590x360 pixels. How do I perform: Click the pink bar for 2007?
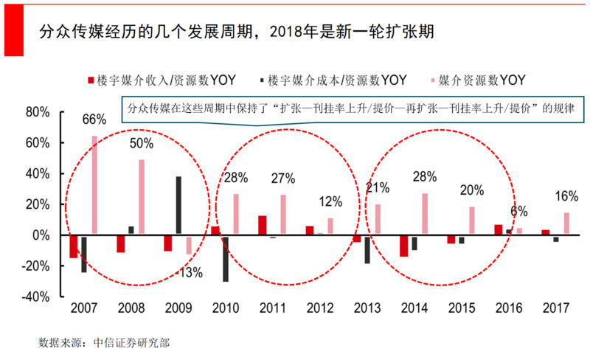94,185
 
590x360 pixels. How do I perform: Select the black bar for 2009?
178,206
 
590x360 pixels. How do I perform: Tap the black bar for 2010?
225,258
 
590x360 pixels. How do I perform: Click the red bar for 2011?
263,226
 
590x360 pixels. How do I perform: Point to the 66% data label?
94,119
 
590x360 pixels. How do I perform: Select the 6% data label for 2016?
518,211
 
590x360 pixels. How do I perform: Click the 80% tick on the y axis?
37,112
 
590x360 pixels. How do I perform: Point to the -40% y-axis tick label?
35,297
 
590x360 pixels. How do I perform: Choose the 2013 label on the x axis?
366,308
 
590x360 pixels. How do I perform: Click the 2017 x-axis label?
555,308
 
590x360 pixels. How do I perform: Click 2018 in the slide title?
289,32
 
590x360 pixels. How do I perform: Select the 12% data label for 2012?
331,202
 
